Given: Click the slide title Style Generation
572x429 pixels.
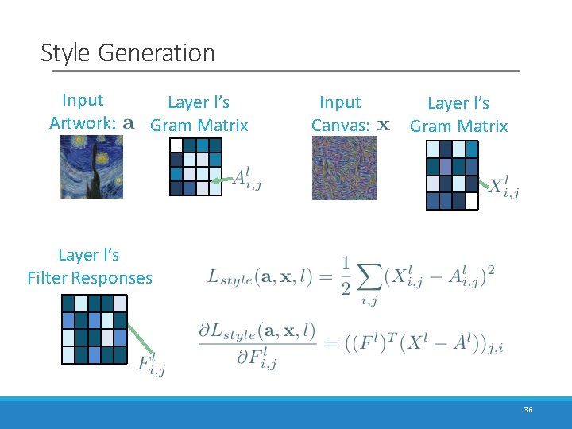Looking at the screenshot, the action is pos(127,53).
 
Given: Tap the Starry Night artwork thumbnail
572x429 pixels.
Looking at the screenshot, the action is pos(91,166).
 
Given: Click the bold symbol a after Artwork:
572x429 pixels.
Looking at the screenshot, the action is pos(129,124).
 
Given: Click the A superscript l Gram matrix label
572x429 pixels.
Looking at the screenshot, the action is pos(247,180).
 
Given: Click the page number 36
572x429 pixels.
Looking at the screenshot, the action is pos(528,409).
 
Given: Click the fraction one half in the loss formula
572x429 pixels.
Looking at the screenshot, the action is pos(346,276).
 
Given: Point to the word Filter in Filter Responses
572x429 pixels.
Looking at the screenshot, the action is pos(47,278).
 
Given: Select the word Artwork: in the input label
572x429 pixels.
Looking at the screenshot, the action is pos(83,123).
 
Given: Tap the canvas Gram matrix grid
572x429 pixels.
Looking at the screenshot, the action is pos(452,174).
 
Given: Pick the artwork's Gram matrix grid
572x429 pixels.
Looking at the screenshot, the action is pos(195,166).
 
